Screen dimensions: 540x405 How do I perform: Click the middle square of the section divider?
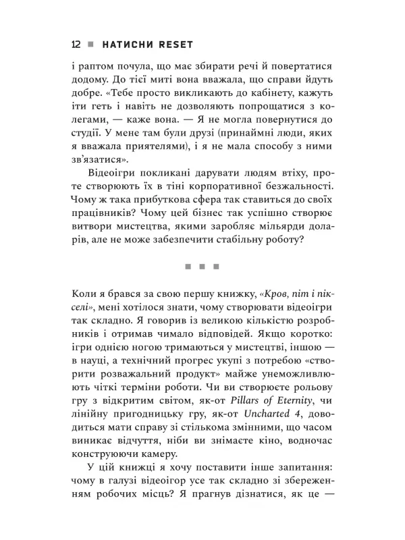pos(202,267)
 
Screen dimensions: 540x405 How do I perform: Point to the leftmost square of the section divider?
pos(187,267)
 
